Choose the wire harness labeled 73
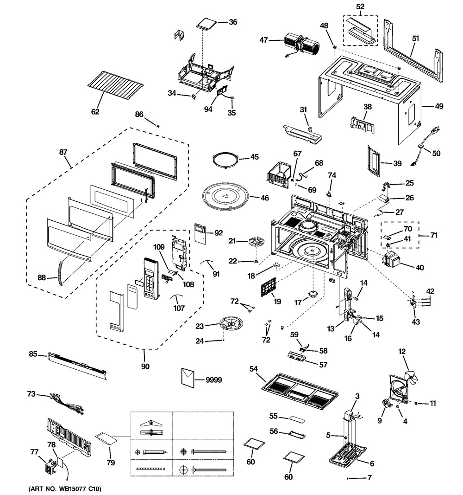pyautogui.click(x=67, y=402)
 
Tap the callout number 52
pyautogui.click(x=360, y=6)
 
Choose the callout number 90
pyautogui.click(x=145, y=367)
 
